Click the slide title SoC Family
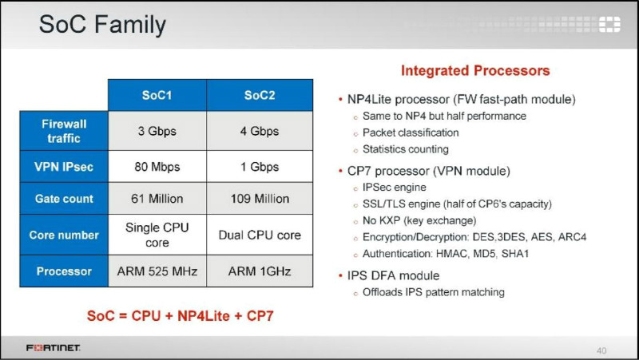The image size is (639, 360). click(x=102, y=25)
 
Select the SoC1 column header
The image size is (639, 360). click(x=157, y=95)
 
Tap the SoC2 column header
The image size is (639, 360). click(x=260, y=95)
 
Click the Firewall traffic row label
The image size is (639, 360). click(x=64, y=131)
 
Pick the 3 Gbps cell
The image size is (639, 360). click(x=157, y=131)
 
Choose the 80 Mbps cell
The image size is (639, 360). click(x=157, y=167)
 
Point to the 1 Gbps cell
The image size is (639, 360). click(x=260, y=167)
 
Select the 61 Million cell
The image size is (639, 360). click(x=157, y=198)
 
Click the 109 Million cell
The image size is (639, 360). click(x=260, y=198)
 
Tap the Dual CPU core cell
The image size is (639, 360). click(x=260, y=235)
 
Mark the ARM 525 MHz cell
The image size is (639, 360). click(x=157, y=271)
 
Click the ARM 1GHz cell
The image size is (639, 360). click(x=260, y=271)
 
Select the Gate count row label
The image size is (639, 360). click(x=64, y=198)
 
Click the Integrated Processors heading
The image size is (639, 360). click(x=475, y=70)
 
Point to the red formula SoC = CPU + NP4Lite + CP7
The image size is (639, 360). click(x=181, y=315)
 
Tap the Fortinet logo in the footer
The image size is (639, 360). click(x=54, y=348)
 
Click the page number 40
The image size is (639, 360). click(x=601, y=350)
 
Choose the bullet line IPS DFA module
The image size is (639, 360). click(x=393, y=275)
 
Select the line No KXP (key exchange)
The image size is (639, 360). click(x=419, y=221)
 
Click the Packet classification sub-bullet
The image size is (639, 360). click(x=411, y=133)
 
